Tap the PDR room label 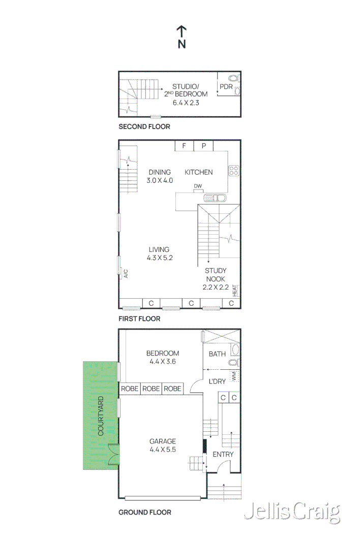pos(226,86)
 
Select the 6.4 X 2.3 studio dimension pos(186,103)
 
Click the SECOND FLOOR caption pos(144,126)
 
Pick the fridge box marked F pos(184,146)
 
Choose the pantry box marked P pos(204,146)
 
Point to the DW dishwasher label pos(198,186)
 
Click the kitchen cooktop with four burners pos(234,171)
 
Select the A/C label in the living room pos(125,274)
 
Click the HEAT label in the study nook pos(235,291)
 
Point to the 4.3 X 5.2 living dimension pos(159,258)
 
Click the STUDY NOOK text pos(216,275)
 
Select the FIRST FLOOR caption pos(139,319)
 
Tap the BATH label pos(217,354)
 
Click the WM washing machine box pos(234,377)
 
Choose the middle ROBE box pos(151,389)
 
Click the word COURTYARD pos(101,416)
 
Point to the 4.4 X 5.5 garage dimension pos(163,450)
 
